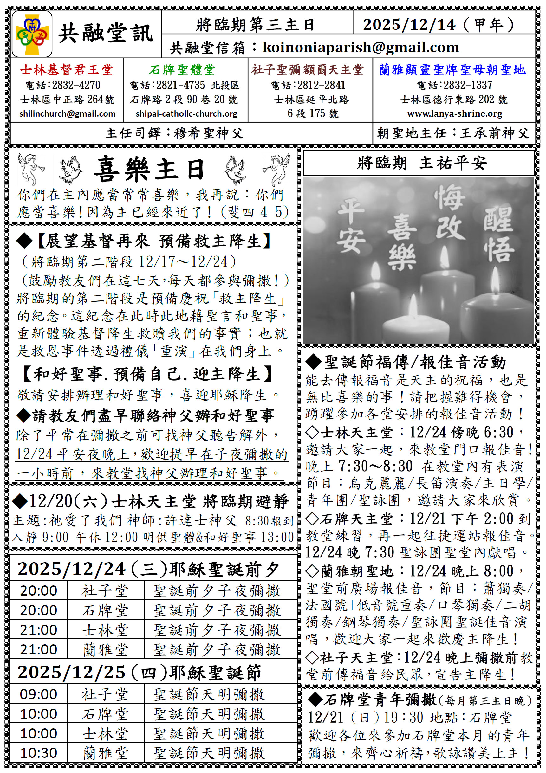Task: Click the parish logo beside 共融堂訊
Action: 32,34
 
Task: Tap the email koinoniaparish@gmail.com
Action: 361,48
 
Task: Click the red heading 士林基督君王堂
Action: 66,70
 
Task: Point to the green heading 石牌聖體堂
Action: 182,70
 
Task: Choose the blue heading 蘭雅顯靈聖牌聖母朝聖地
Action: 452,70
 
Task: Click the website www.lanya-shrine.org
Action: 454,113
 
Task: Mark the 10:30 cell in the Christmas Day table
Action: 38,753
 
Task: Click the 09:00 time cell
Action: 38,694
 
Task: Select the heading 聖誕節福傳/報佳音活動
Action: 415,362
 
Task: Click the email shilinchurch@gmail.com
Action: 67,114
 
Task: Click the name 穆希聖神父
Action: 209,133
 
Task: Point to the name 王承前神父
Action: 495,133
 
